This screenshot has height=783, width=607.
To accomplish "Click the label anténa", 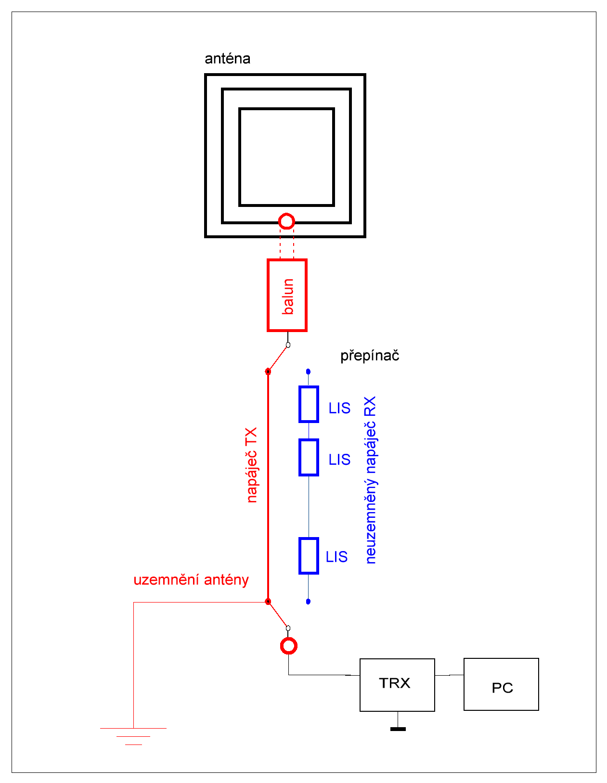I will pos(227,59).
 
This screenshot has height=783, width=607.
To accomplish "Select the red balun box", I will pos(287,295).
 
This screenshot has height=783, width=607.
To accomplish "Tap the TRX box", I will pos(397,684).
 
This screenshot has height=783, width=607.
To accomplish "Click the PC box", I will pos(501,684).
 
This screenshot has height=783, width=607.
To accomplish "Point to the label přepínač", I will pos(370,356).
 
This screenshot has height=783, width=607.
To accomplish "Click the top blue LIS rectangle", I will pos(309,404).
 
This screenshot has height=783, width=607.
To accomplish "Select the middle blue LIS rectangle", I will pos(309,457).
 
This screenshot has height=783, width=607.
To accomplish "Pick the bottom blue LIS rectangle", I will pos(309,556).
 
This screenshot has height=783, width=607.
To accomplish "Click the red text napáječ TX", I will pos(252,465).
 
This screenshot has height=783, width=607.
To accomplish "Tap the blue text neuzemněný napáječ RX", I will pos(370,480).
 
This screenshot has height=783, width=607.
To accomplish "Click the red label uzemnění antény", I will pos(191,579).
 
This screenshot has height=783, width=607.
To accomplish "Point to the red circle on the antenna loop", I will pos(286,221).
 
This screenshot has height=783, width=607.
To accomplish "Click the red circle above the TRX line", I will pos(288,645).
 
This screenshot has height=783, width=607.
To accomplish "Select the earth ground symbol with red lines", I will pos(133,736).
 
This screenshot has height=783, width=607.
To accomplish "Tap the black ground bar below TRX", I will pos(398,729).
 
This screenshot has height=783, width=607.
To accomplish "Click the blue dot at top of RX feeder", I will pos(308,372).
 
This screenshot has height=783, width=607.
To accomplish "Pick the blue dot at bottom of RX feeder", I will pos(308,602).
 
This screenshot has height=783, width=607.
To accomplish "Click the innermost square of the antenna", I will pos(286,157).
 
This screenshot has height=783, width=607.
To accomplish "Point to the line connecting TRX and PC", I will pos(449,675).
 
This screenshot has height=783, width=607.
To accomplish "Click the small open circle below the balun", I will pos(288,345).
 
